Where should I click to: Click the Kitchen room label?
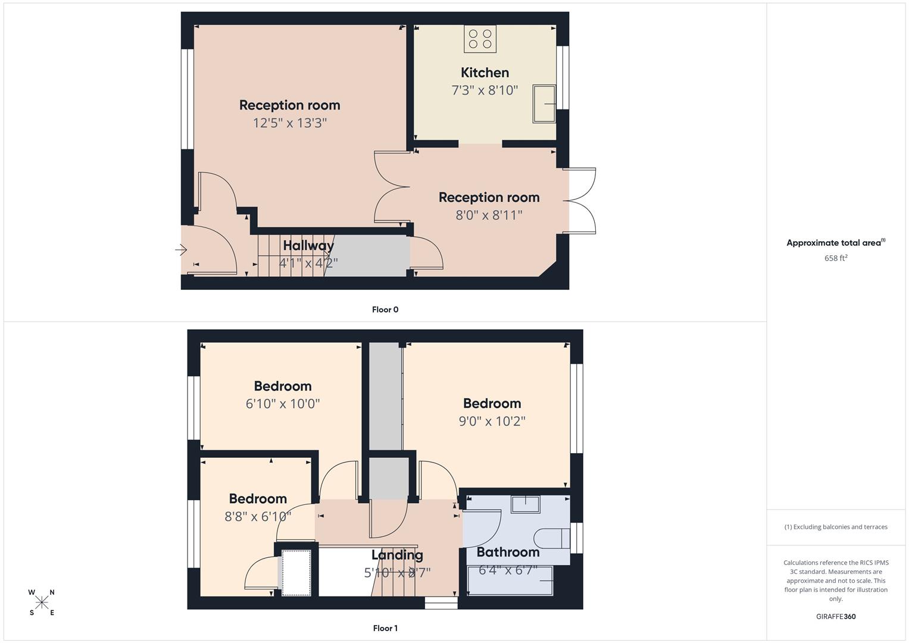(x=485, y=73)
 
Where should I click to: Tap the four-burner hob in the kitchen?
(x=480, y=39)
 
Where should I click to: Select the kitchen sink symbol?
(x=544, y=104)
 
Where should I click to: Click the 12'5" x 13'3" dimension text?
(x=290, y=123)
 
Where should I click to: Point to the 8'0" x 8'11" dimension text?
(x=489, y=216)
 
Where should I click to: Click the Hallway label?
(x=308, y=245)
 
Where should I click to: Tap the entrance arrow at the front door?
(x=182, y=250)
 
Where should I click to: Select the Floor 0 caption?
(x=385, y=310)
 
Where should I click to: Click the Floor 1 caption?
(x=385, y=628)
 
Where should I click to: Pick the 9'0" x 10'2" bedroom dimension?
(x=492, y=422)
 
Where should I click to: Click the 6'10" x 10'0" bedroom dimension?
(x=283, y=404)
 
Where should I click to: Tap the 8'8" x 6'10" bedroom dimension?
(x=258, y=517)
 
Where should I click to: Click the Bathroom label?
(x=508, y=552)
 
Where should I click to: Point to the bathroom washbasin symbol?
(x=525, y=504)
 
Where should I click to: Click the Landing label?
(x=397, y=555)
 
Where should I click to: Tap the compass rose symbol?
(x=42, y=603)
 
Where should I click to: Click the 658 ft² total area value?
(x=836, y=258)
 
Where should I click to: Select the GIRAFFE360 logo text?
(x=836, y=617)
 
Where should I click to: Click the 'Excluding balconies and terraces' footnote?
(x=836, y=527)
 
